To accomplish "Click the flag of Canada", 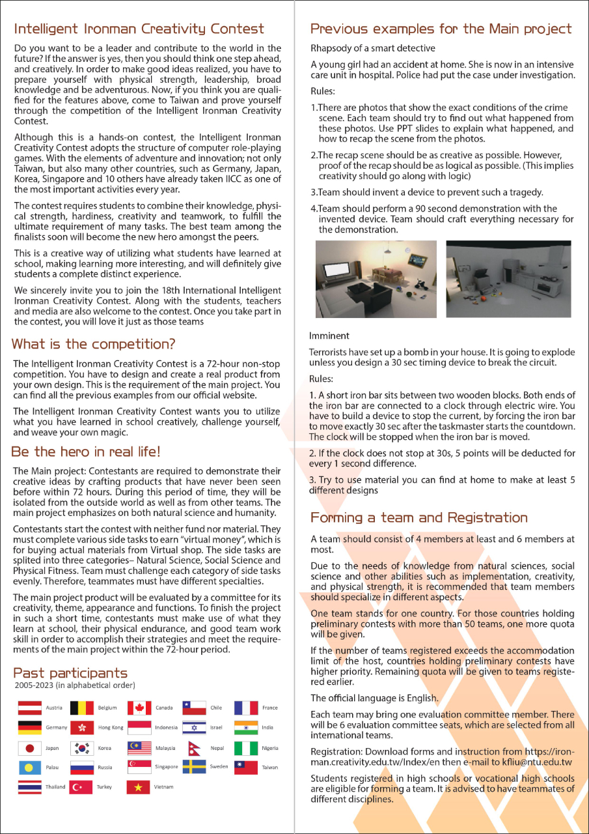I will pos(139,708).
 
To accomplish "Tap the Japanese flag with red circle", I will pos(29,748).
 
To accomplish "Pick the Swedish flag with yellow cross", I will pos(194,767).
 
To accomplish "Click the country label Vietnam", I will pos(164,787).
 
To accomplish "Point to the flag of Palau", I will pos(29,768).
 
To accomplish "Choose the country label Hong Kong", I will pos(110,728).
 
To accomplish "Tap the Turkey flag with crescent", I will pos(81,787).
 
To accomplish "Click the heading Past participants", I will pos(70,673).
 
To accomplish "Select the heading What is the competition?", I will pos(94,343).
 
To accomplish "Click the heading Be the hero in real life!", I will pos(85,452).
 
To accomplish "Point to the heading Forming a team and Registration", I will pos(419,517).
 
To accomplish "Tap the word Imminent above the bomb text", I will pos(329,336).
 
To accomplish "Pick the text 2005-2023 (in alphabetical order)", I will pos(74,686).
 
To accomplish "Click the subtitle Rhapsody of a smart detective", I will pos(373,48).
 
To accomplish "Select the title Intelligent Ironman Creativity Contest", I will pos(139,29).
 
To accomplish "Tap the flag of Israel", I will pos(194,728).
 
